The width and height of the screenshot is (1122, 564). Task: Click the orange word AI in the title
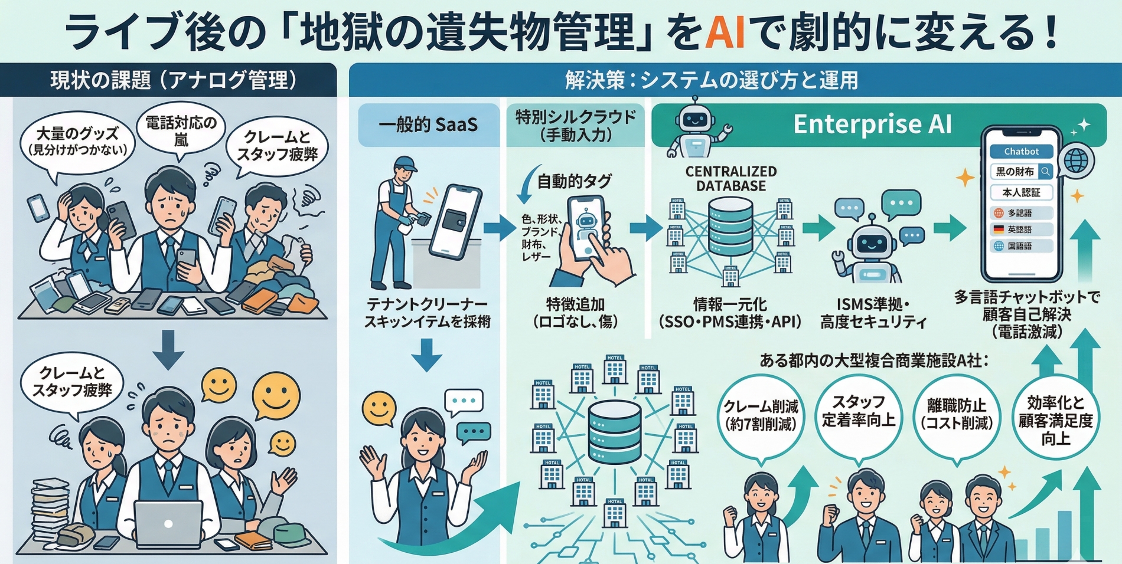(725, 32)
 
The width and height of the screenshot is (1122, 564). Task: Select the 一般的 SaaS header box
(428, 125)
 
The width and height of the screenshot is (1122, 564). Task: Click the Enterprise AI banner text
(872, 124)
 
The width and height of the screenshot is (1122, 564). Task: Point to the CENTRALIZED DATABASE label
(730, 178)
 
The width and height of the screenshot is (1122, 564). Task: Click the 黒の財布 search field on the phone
(1021, 172)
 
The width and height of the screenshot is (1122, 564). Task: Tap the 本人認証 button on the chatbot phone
(1021, 192)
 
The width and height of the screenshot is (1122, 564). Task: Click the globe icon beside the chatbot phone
(1075, 160)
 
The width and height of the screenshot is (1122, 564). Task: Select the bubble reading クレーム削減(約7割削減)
(761, 415)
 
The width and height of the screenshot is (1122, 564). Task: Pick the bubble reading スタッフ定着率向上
(859, 411)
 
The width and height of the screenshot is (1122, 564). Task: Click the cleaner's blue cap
(405, 163)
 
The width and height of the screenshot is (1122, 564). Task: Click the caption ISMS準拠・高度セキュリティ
(873, 313)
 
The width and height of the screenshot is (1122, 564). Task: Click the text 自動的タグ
(574, 182)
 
